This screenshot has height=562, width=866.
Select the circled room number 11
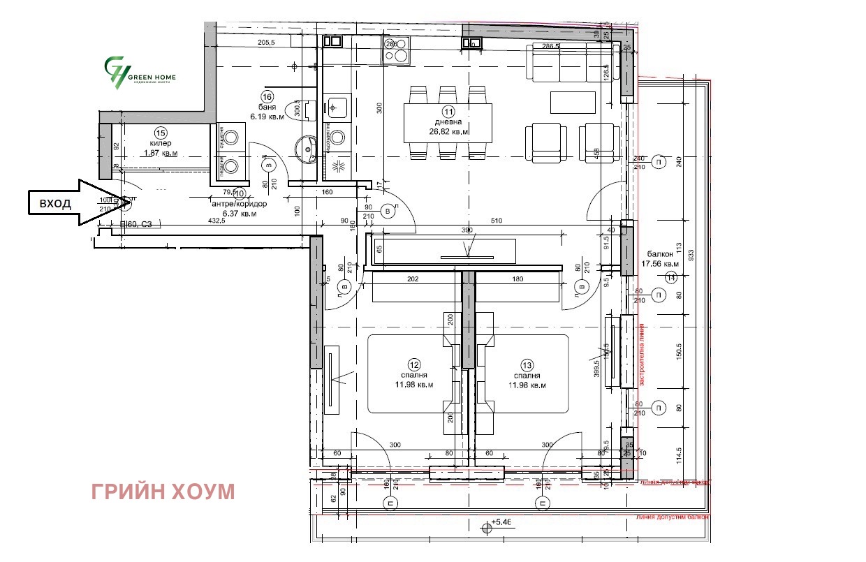click(448, 111)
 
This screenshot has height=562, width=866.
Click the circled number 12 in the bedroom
click(414, 364)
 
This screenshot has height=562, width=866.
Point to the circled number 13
click(527, 364)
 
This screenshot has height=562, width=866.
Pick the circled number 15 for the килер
click(160, 132)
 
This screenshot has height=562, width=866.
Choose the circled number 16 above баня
click(266, 97)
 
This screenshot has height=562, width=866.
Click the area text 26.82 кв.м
click(448, 131)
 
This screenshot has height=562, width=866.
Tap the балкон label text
click(660, 255)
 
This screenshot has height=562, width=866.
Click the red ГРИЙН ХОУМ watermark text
click(163, 492)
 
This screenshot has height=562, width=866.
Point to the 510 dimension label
click(497, 221)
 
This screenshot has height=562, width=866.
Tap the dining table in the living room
click(448, 123)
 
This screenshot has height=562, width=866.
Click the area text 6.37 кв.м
click(240, 214)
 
